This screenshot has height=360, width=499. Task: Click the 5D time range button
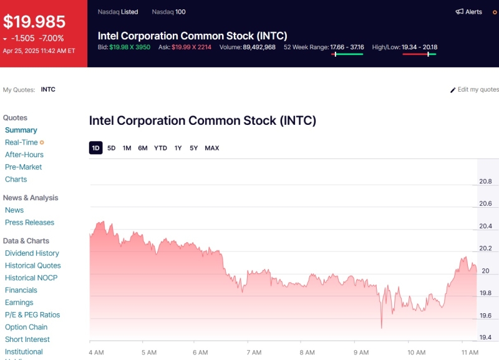112,148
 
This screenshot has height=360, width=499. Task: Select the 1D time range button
95,148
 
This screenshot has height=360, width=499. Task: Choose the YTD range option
160,148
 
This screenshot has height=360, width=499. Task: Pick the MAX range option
212,148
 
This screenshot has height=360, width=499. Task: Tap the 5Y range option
194,148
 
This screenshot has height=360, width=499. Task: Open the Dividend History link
32,253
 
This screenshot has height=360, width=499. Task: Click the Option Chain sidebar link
26,327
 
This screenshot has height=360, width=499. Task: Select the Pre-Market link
24,167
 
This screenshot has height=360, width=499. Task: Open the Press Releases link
29,223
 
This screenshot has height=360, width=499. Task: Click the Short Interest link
27,339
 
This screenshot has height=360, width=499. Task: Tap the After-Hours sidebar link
24,155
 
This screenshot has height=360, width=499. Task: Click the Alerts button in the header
468,12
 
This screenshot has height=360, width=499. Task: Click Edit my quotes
475,90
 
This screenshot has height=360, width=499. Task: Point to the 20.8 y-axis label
485,182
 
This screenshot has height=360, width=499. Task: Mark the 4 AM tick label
96,353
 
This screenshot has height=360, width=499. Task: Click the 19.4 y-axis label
485,338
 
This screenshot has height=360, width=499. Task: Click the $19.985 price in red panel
34,22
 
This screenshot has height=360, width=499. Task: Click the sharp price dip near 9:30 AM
381,326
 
